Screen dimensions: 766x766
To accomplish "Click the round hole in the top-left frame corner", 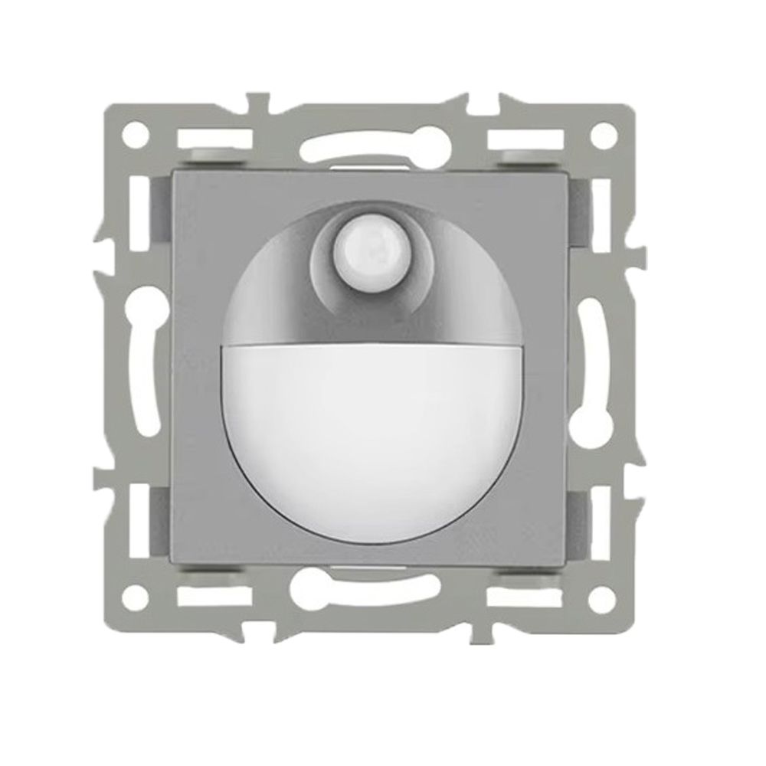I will [136, 136].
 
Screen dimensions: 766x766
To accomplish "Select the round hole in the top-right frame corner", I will [604, 136].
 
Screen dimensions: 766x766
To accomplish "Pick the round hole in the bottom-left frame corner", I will [136, 597].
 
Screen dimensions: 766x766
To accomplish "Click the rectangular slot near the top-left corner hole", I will [214, 139].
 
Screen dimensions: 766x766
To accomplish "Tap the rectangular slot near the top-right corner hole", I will [526, 139].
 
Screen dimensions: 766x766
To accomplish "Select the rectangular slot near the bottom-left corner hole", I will [214, 596].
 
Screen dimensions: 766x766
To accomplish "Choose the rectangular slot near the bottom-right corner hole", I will [526, 596].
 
